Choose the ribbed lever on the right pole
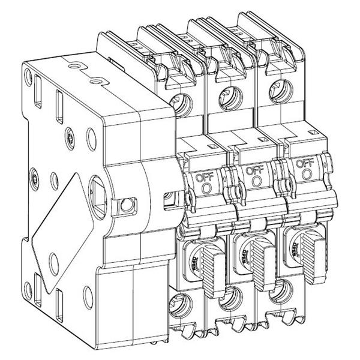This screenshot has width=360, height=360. [312, 252]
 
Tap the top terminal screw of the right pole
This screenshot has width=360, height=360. [275, 85]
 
